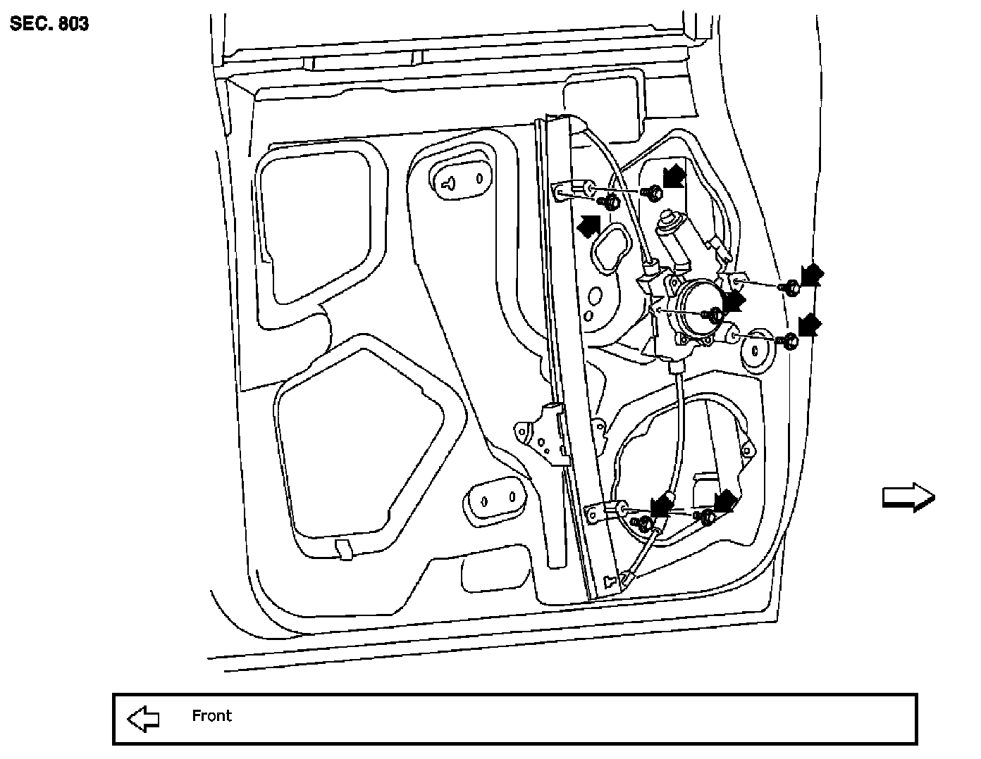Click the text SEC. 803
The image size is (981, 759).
click(49, 24)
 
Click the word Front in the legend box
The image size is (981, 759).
click(211, 716)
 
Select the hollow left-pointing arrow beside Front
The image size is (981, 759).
click(143, 719)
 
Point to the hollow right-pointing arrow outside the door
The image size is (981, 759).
click(908, 497)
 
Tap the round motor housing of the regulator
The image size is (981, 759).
click(694, 309)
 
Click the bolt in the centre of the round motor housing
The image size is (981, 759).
click(714, 316)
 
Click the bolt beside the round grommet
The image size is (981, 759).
click(790, 342)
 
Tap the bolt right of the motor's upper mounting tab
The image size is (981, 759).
click(791, 287)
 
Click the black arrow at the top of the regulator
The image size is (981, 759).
click(674, 175)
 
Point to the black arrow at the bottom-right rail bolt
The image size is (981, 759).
click(725, 501)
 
